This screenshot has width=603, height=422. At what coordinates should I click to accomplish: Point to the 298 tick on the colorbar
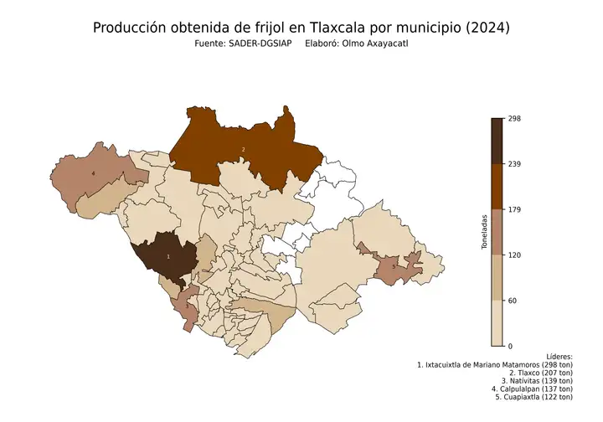(x=514, y=119)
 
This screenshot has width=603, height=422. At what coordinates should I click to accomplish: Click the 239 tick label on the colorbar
(x=514, y=164)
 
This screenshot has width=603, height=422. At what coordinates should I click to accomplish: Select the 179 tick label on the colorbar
(x=514, y=209)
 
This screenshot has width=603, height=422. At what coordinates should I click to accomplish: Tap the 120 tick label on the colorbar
(x=514, y=255)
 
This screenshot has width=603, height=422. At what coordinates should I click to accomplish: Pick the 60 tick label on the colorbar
(x=513, y=300)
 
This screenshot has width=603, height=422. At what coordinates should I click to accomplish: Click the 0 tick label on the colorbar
(x=510, y=345)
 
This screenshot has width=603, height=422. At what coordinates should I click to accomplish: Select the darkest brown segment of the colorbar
(x=497, y=141)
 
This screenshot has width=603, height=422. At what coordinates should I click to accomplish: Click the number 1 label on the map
(x=168, y=256)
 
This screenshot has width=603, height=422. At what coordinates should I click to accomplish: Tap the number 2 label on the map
(x=243, y=150)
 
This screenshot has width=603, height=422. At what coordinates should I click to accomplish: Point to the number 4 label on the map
(x=93, y=173)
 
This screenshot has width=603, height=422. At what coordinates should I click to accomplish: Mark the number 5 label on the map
(x=394, y=266)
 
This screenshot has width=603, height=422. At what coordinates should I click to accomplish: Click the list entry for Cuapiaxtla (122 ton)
(x=533, y=397)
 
